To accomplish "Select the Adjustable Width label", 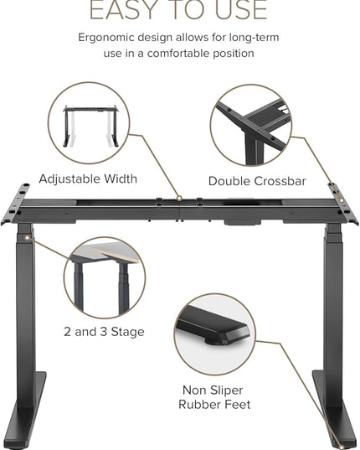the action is click(88, 178).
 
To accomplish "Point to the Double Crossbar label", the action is click(257, 181).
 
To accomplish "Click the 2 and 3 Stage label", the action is click(104, 332).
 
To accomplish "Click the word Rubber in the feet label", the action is click(199, 405).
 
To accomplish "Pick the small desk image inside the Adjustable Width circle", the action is click(90, 126).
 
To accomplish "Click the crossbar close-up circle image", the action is click(251, 125).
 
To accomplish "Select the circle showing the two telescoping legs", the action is click(105, 277).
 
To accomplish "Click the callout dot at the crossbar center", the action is click(179, 198).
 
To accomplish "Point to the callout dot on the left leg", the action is click(28, 238).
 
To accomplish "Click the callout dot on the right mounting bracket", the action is click(341, 199).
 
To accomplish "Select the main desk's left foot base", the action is click(26, 411).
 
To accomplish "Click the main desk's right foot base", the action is click(334, 410).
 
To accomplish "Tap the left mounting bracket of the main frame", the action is click(15, 204).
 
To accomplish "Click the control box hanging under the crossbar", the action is click(243, 222).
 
